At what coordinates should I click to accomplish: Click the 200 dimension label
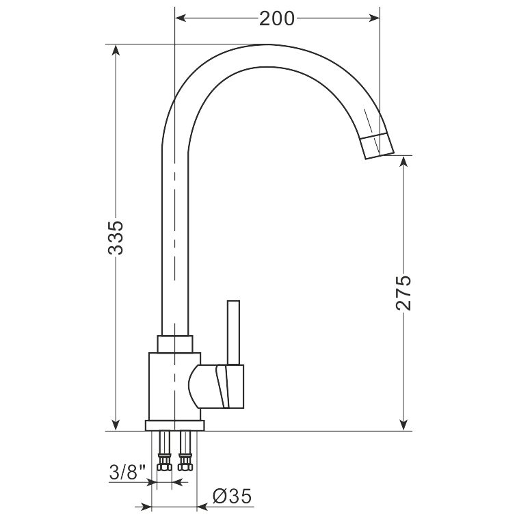click(x=276, y=18)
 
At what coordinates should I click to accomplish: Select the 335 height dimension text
click(x=116, y=237)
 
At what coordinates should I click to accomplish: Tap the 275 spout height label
click(x=403, y=292)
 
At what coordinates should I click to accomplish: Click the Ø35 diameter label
click(x=232, y=496)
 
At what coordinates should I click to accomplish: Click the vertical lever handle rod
click(x=233, y=332)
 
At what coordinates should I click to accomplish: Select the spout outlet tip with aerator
click(x=377, y=146)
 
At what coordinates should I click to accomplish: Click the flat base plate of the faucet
click(x=175, y=425)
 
